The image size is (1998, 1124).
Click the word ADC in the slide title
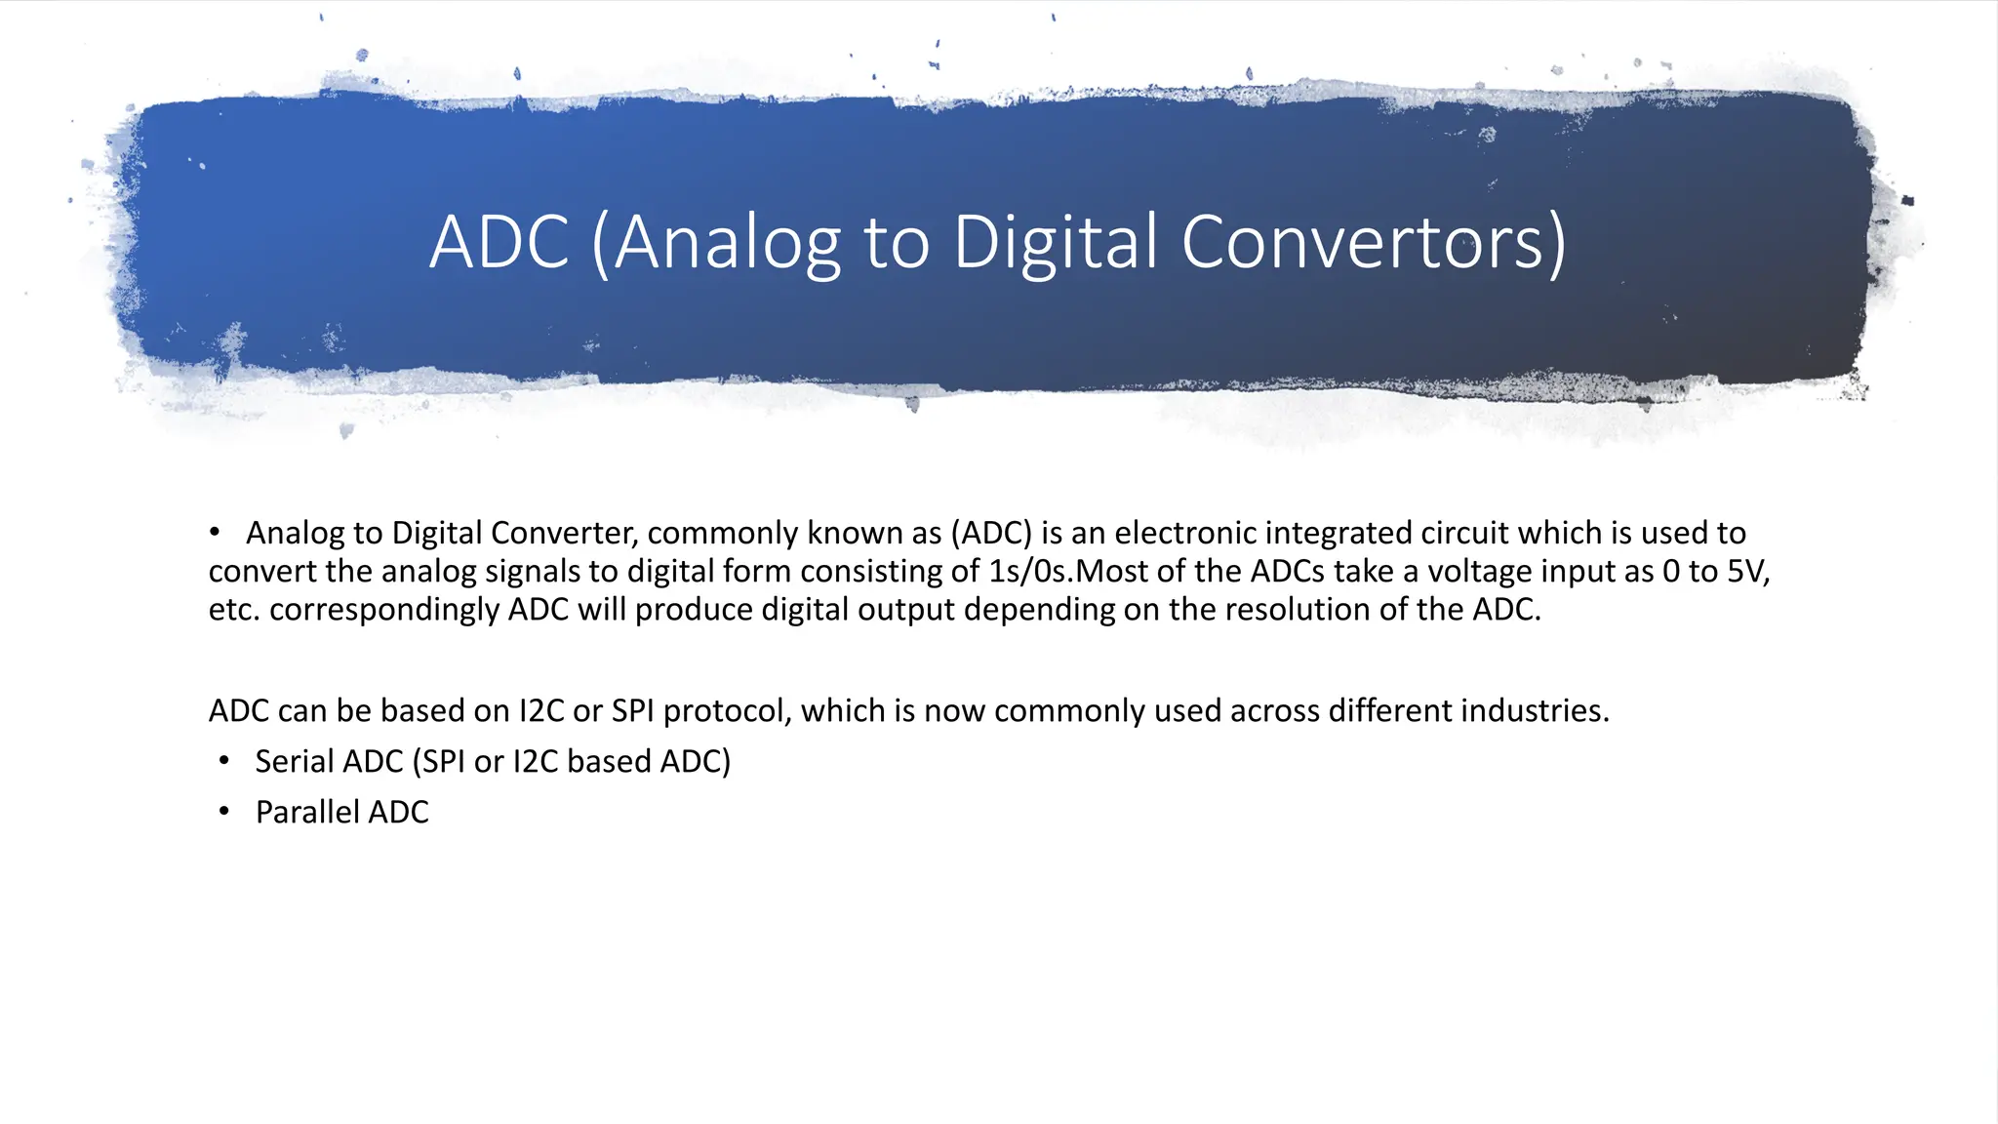tap(499, 242)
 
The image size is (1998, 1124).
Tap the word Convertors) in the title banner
tap(1374, 242)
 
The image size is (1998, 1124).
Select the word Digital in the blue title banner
tap(1056, 242)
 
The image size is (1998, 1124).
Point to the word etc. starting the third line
tap(234, 610)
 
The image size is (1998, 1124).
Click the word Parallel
tap(307, 813)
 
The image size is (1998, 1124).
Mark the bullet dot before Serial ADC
tap(224, 761)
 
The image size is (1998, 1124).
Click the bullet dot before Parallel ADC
tap(224, 812)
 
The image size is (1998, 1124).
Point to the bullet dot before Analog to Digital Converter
tap(215, 533)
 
